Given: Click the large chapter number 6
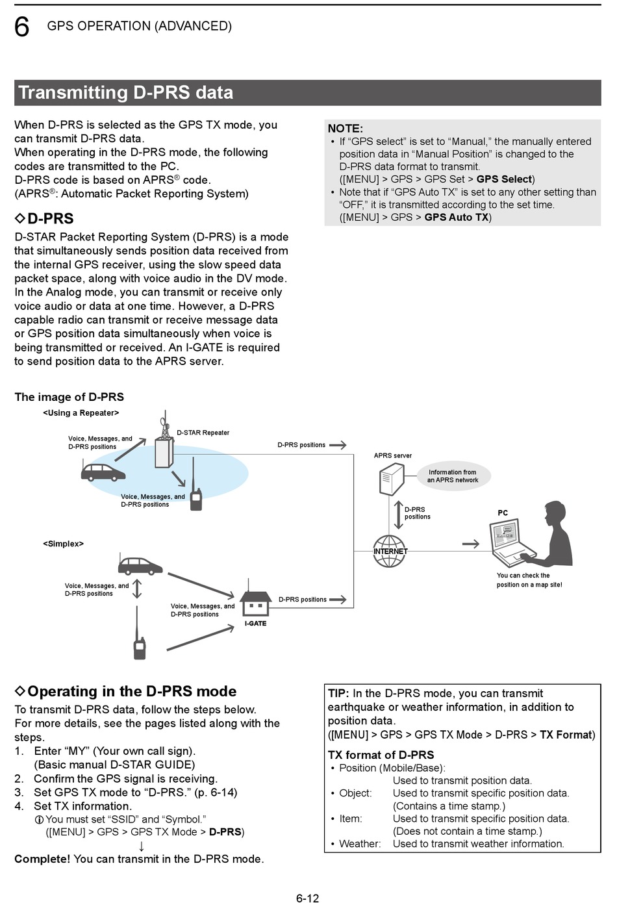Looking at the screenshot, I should (22, 27).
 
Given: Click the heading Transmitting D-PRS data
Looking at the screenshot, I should (125, 93).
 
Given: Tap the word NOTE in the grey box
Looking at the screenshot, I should (345, 129).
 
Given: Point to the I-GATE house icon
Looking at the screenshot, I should (255, 604).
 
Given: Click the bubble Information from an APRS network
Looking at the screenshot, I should (453, 476).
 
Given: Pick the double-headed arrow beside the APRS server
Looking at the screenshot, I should (398, 514).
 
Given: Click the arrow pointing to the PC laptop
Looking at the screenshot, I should (471, 544).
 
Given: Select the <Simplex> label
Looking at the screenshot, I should (63, 544).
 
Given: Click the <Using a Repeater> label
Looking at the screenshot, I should (81, 413).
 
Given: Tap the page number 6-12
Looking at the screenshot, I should (307, 898).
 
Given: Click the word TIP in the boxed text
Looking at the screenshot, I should (338, 694).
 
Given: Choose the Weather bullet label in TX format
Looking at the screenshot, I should (360, 844).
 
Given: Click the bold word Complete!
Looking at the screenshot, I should (42, 859).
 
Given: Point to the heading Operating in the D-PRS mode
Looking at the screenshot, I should (132, 691).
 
